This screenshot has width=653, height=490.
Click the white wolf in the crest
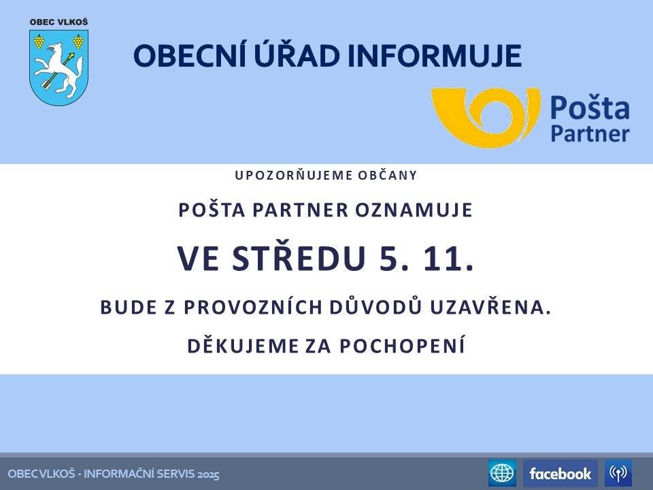[x=60, y=69]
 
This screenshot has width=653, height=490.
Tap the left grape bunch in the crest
[x=39, y=42]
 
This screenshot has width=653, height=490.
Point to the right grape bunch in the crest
[x=78, y=42]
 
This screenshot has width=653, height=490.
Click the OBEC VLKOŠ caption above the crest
[x=58, y=22]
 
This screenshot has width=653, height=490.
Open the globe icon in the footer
[x=502, y=473]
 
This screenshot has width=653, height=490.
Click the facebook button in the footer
[x=560, y=473]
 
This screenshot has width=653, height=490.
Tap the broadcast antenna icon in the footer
[x=618, y=473]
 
